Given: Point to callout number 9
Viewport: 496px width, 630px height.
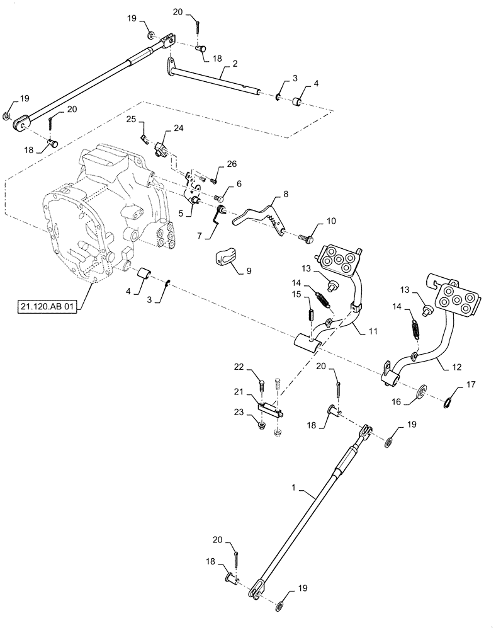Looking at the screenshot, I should (248, 270).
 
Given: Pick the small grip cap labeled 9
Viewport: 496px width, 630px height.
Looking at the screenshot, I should (224, 258).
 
